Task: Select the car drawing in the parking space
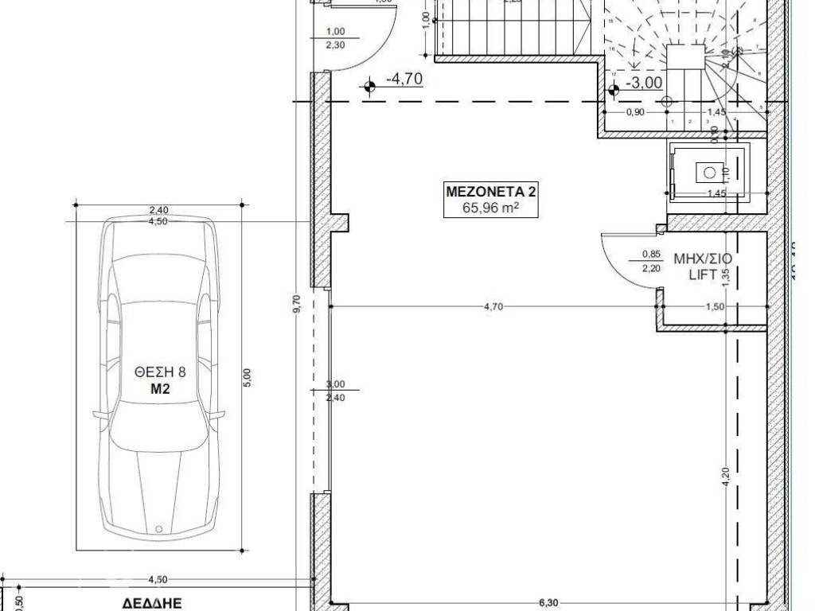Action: coord(158,378)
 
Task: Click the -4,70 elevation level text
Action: coord(404,80)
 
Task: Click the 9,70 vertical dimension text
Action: coord(296,305)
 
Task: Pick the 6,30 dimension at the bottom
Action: coord(548,603)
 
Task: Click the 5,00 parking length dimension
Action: coord(247,376)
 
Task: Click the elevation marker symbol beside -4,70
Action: coord(369,86)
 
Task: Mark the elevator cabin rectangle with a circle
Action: coord(708,171)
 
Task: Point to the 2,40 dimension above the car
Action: coord(159,210)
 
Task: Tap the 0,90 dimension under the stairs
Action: coord(635,112)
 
